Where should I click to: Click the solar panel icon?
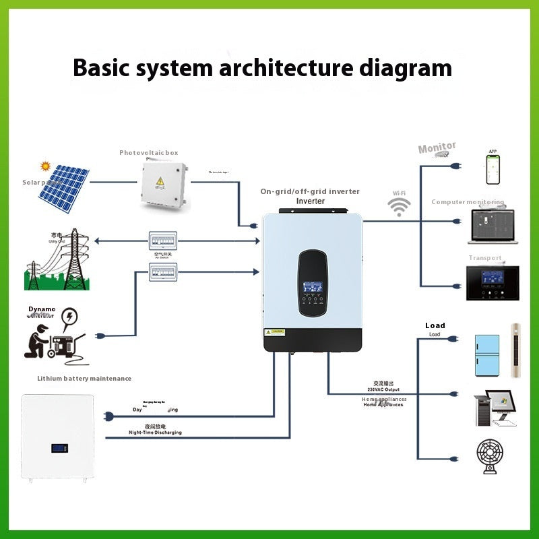pos(62,189)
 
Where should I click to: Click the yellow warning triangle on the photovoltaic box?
pos(160,181)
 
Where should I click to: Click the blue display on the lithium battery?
pos(59,447)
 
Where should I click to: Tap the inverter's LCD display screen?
pos(313,285)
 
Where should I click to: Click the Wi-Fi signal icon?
pos(400,206)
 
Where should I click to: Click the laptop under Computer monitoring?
pos(495,225)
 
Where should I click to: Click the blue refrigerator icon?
pos(487,355)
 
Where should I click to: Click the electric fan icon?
pos(495,458)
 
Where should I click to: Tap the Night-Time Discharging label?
pos(155,433)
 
